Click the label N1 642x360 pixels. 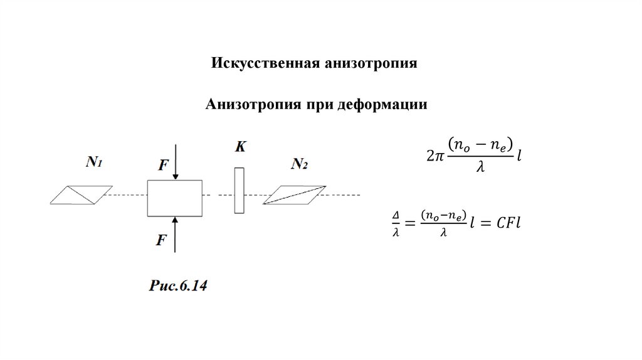[x=94, y=162]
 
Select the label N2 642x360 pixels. [x=299, y=164]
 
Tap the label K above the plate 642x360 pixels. [x=240, y=147]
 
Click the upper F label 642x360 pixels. [x=163, y=166]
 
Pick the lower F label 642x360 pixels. [x=161, y=240]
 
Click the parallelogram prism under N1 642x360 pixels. [x=82, y=195]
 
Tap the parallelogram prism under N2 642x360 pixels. [x=295, y=195]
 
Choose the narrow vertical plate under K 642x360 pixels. [x=239, y=190]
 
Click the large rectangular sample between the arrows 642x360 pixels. [x=174, y=198]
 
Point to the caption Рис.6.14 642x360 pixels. [x=178, y=286]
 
